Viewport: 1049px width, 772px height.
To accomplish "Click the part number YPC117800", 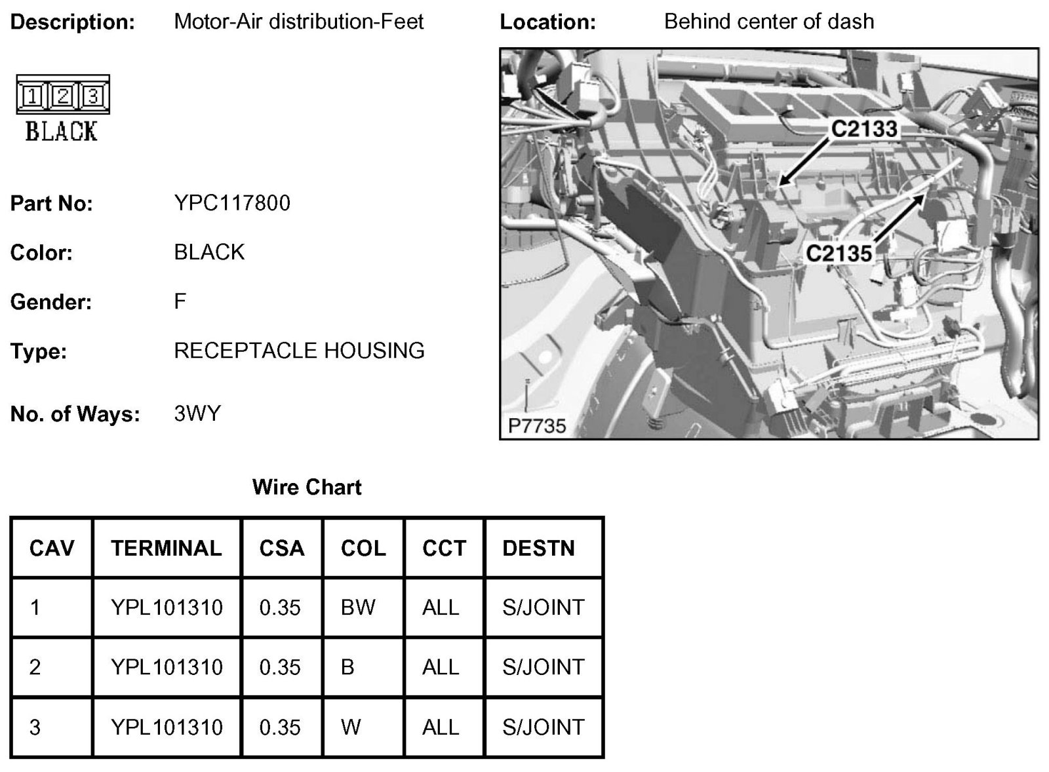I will pos(231,203).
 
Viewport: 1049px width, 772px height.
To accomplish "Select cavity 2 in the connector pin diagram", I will pos(63,97).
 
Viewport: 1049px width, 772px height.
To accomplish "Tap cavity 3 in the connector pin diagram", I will pos(92,97).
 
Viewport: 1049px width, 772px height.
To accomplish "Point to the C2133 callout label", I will pos(863,128).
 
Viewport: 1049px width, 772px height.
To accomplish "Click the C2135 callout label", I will pos(839,253).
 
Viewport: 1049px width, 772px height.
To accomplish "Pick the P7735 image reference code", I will pos(536,426).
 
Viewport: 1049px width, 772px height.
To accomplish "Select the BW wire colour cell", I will pos(358,608).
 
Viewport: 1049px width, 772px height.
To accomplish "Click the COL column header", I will pos(363,548).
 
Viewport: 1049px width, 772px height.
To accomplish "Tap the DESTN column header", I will pos(538,548).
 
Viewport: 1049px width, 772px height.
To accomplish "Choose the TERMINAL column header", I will pos(167,548).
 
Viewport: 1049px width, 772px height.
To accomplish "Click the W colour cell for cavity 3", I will pos(351,727).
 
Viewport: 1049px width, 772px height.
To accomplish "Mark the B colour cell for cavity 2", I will pos(347,667).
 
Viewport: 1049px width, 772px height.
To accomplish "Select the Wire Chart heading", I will pos(307,487).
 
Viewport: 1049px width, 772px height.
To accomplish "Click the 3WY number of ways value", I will pos(197,414).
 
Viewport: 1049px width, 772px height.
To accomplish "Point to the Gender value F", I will pos(180,301).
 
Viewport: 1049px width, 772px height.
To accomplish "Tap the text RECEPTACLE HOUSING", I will pos(299,351).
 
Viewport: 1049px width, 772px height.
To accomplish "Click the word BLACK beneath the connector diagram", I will pos(62,132).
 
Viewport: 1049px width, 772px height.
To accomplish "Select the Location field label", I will pos(547,22).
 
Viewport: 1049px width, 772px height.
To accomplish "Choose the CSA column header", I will pos(282,548).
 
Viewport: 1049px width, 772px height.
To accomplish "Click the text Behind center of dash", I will pos(769,22).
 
